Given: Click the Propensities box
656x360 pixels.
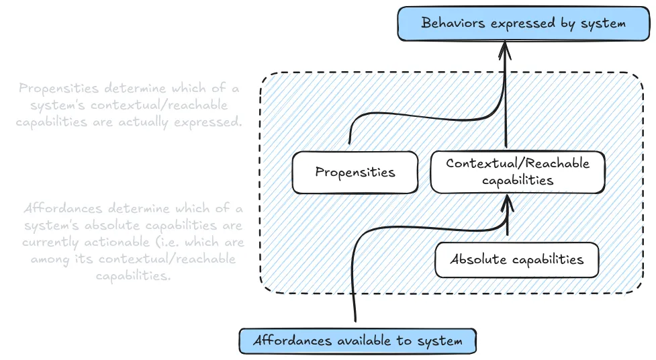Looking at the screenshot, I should (x=355, y=173).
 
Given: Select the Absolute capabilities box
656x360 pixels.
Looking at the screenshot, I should (x=516, y=260).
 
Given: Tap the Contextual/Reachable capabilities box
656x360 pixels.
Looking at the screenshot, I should (x=517, y=172).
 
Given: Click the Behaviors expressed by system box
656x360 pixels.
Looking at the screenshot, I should (x=523, y=24).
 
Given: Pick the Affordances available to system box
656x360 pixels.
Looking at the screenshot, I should (x=357, y=341).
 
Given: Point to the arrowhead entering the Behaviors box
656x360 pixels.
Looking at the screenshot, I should (x=506, y=48).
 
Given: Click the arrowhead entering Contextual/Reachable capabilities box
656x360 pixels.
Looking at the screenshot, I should (x=507, y=199).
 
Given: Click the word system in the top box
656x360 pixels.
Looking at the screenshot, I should (x=602, y=24).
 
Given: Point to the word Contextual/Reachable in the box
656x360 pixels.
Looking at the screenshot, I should (x=517, y=164).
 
